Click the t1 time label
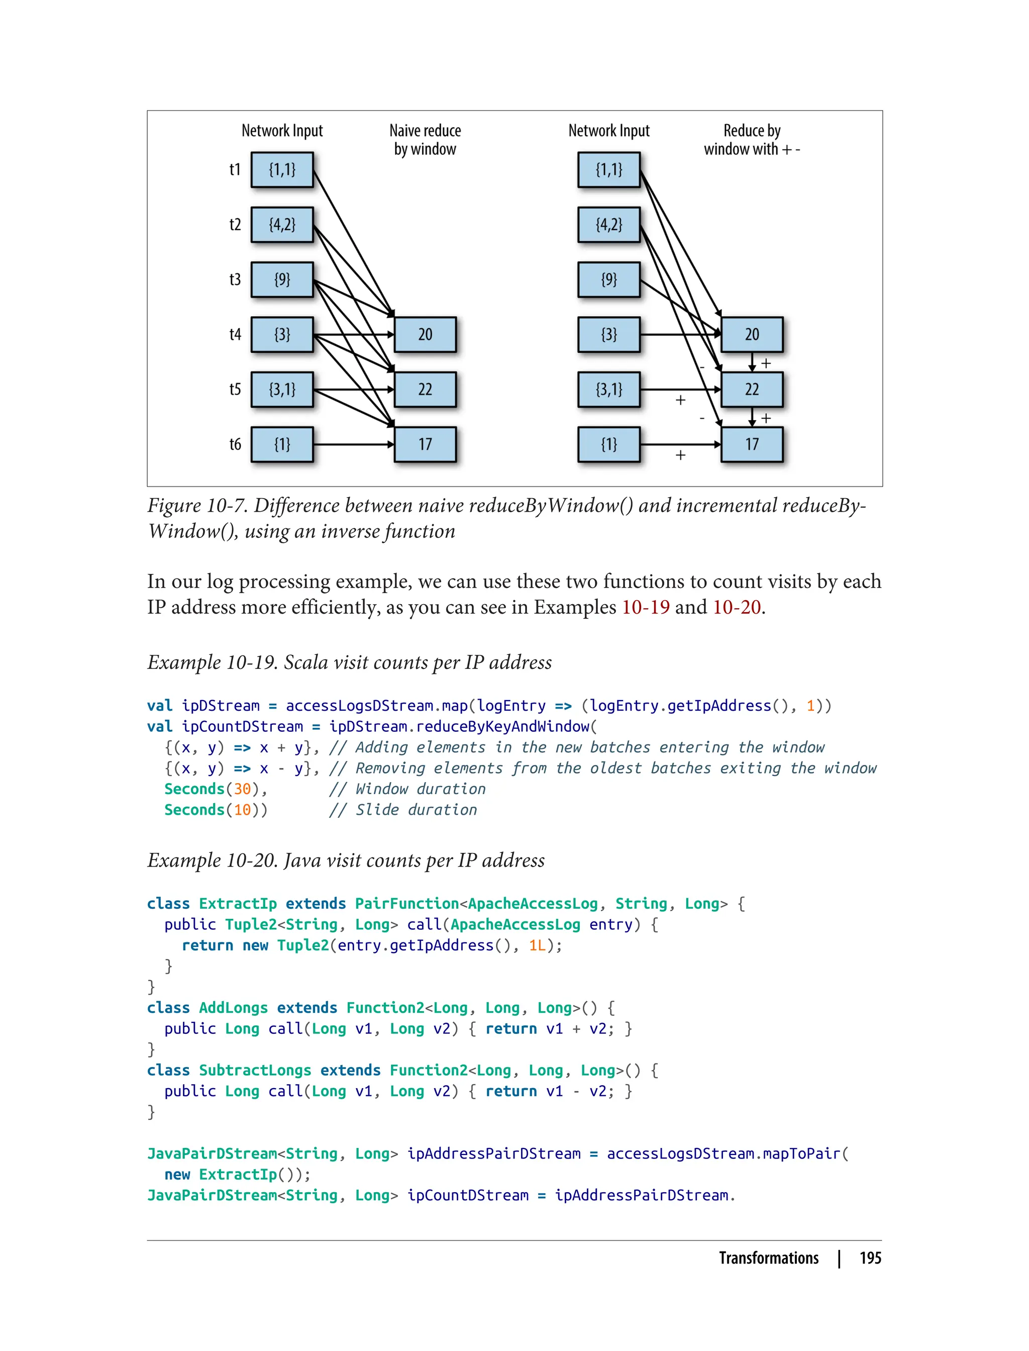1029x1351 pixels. (x=235, y=170)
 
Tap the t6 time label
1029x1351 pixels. (x=235, y=444)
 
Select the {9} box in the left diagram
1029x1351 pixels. (x=282, y=279)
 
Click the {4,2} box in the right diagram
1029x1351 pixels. (x=609, y=225)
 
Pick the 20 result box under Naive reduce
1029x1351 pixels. (x=425, y=335)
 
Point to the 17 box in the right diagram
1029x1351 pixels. (x=752, y=444)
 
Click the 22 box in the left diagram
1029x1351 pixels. (x=425, y=390)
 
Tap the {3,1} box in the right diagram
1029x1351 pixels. (x=609, y=390)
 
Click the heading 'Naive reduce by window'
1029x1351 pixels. (x=425, y=140)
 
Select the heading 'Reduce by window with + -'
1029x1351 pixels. (x=752, y=140)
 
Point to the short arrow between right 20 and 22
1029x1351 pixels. (x=752, y=362)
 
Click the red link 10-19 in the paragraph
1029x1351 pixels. (x=646, y=607)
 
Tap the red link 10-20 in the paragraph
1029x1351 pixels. (x=737, y=607)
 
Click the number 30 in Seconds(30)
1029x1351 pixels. (x=243, y=789)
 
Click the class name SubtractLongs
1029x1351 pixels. (x=255, y=1071)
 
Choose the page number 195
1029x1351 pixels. (x=870, y=1258)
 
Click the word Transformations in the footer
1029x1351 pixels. (x=769, y=1258)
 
